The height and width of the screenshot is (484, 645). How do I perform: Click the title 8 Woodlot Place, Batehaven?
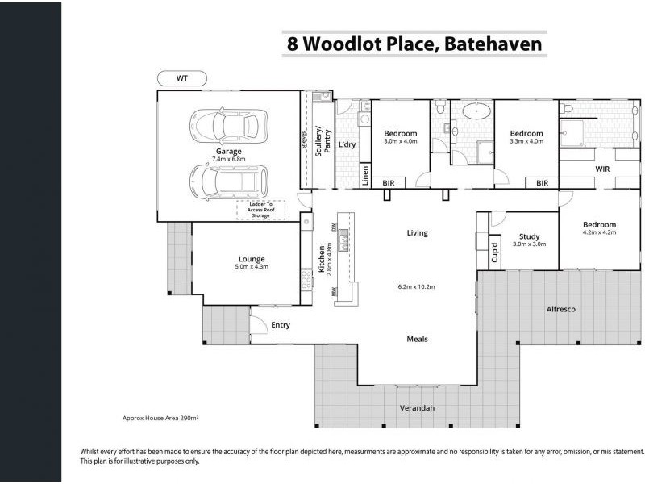point(414,44)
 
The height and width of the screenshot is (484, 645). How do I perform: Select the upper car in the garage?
point(228,126)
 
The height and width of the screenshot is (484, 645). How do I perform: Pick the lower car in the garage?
point(228,181)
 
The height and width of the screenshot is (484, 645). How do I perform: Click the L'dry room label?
point(347,144)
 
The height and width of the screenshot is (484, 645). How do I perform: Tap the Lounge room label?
point(252,260)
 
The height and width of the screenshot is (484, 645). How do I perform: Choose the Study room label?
point(529,236)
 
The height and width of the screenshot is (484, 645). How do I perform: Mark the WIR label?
point(602,169)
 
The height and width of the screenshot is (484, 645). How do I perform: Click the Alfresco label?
point(560,309)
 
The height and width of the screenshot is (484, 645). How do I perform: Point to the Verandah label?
point(417,408)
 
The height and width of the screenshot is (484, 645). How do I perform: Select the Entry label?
point(281,325)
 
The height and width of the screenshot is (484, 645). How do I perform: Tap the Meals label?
point(417,339)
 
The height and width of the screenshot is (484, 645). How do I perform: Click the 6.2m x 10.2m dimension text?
point(417,287)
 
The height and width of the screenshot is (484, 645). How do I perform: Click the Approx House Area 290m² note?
point(160,419)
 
